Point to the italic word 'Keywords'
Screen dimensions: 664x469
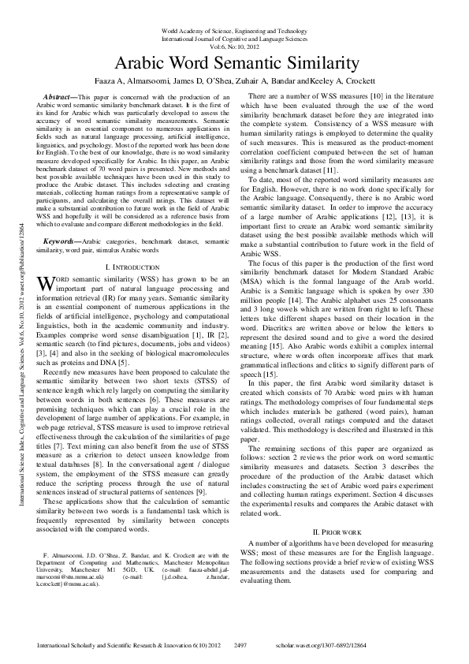click(x=64, y=218)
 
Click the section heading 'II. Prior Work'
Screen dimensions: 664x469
click(x=339, y=532)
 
